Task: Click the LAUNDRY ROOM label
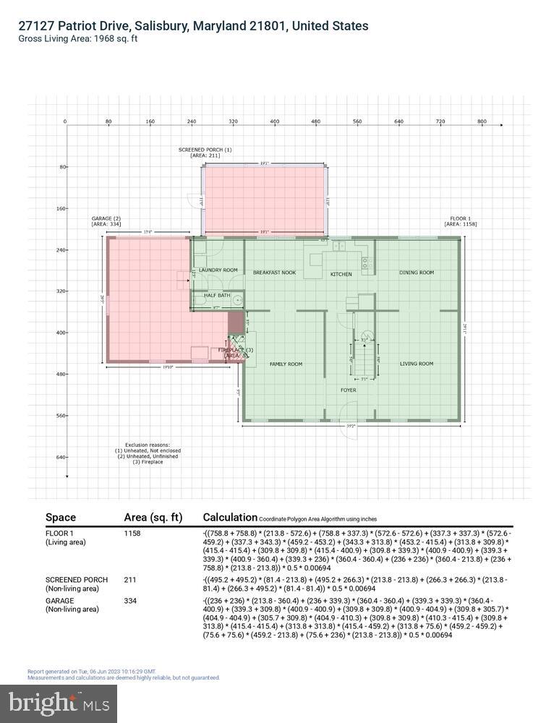pos(218,270)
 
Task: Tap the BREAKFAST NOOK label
pos(274,273)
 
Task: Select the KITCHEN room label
pos(341,275)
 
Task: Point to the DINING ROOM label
pos(417,273)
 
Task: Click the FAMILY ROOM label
pos(286,364)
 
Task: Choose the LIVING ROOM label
pos(417,364)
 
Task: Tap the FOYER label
pos(349,390)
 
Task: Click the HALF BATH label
pos(216,295)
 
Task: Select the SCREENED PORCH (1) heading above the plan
pos(205,150)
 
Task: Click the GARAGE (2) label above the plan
pos(106,218)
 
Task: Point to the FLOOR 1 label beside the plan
pos(460,218)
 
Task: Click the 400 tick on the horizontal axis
pos(274,122)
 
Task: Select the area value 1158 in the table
pos(132,534)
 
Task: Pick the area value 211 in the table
pos(130,580)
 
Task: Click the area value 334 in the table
pos(131,600)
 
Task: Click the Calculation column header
pos(230,517)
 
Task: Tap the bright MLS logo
pos(62,701)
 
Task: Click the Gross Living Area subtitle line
pos(78,39)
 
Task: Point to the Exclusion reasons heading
pos(145,445)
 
